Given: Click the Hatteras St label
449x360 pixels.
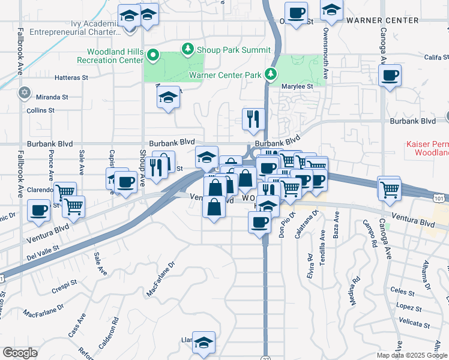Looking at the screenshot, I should (x=71, y=77).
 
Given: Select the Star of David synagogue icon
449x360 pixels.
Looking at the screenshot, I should (x=24, y=92).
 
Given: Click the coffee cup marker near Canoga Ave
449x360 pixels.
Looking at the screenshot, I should (x=390, y=76).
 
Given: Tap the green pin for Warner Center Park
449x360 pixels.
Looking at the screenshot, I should (x=271, y=74).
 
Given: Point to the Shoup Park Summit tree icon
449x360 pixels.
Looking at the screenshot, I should (x=188, y=48).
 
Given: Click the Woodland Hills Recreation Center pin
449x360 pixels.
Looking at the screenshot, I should (x=152, y=57).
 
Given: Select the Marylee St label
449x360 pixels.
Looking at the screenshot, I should (x=298, y=86).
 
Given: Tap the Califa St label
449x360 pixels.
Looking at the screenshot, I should (x=436, y=57).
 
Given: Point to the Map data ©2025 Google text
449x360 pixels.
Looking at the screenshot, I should (x=411, y=355).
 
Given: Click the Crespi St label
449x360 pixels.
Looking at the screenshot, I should (x=64, y=282).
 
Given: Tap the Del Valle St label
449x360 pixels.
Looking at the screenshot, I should (x=44, y=252).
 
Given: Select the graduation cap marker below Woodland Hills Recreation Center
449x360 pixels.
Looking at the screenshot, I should (x=169, y=98).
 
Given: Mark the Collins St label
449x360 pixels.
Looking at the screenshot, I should (x=40, y=110).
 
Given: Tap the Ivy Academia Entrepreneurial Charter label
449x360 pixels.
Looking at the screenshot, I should (x=78, y=28).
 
